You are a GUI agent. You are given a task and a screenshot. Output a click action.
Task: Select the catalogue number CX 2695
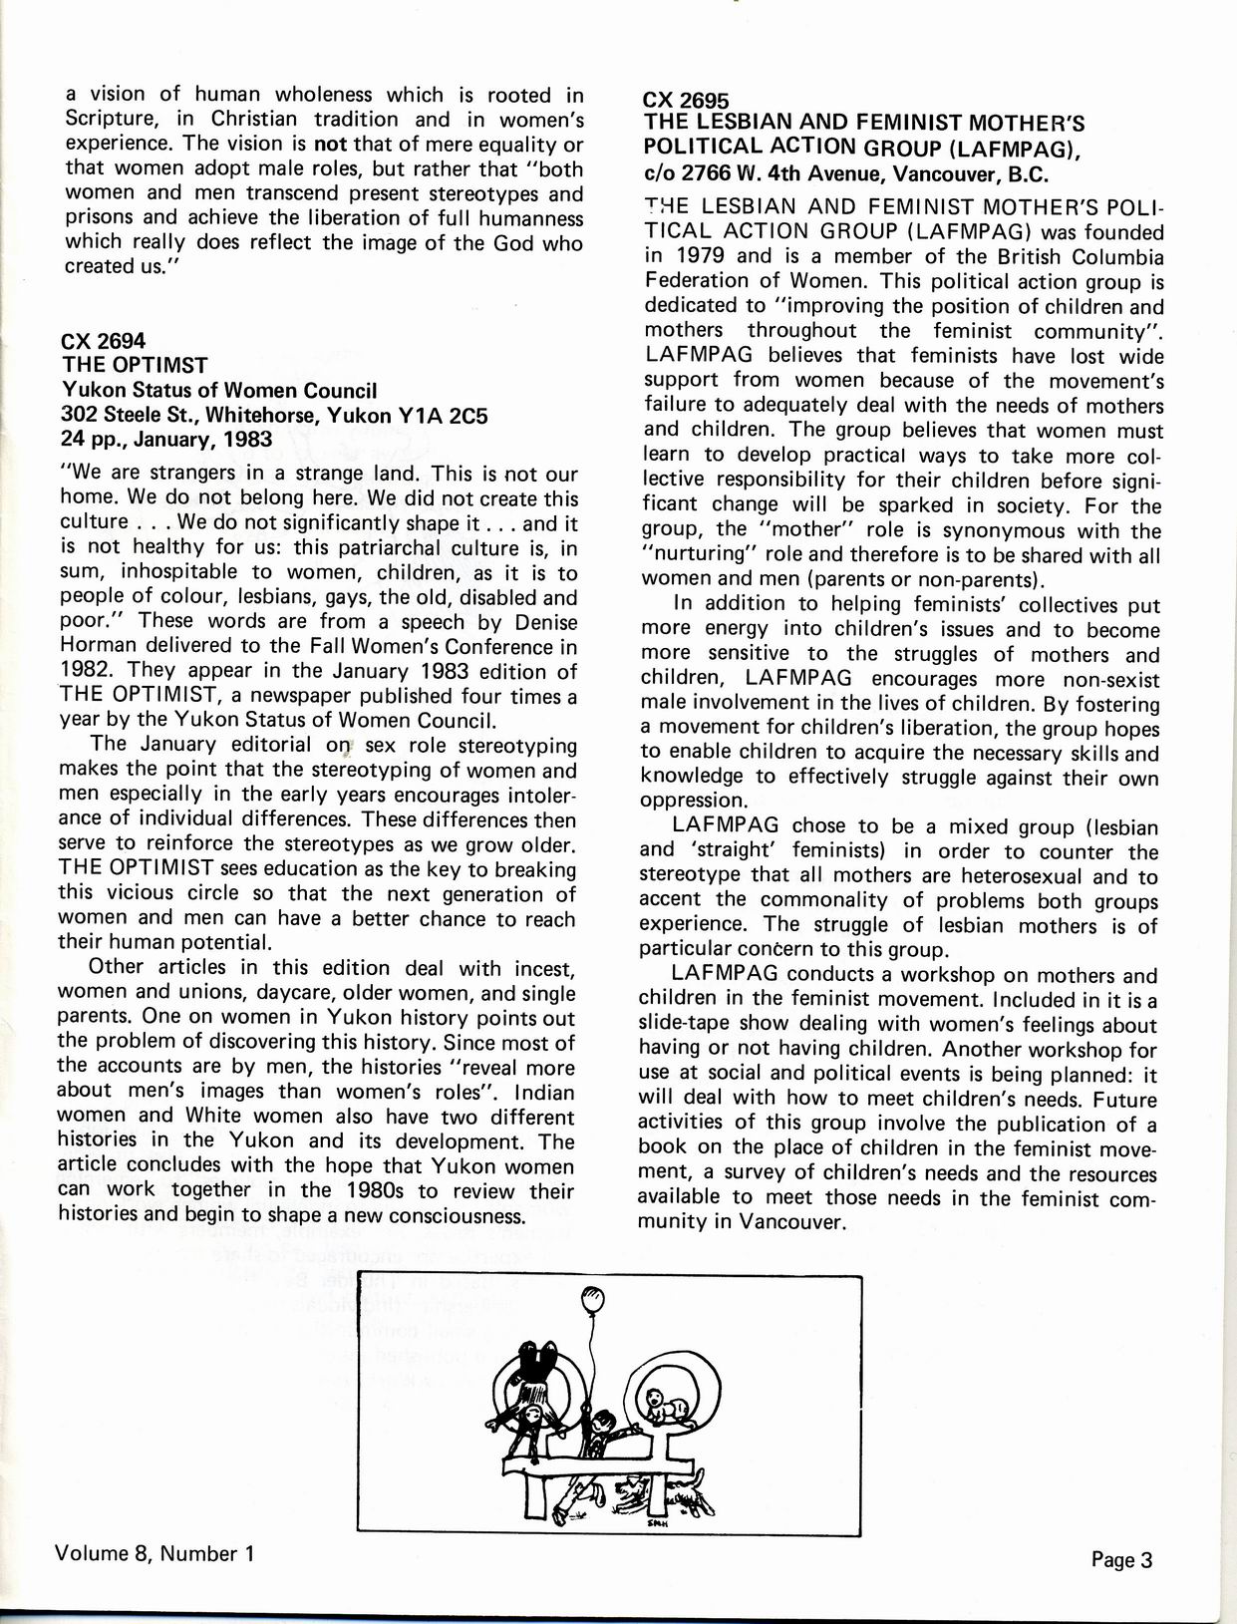click(x=687, y=100)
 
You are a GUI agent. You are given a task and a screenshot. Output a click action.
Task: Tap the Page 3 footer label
click(x=1121, y=1560)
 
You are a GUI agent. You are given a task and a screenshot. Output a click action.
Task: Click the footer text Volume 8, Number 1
click(x=149, y=1553)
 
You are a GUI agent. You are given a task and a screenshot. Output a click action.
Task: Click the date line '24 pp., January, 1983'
click(x=165, y=440)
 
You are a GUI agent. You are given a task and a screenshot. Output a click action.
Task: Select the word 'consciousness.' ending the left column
click(x=443, y=1216)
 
